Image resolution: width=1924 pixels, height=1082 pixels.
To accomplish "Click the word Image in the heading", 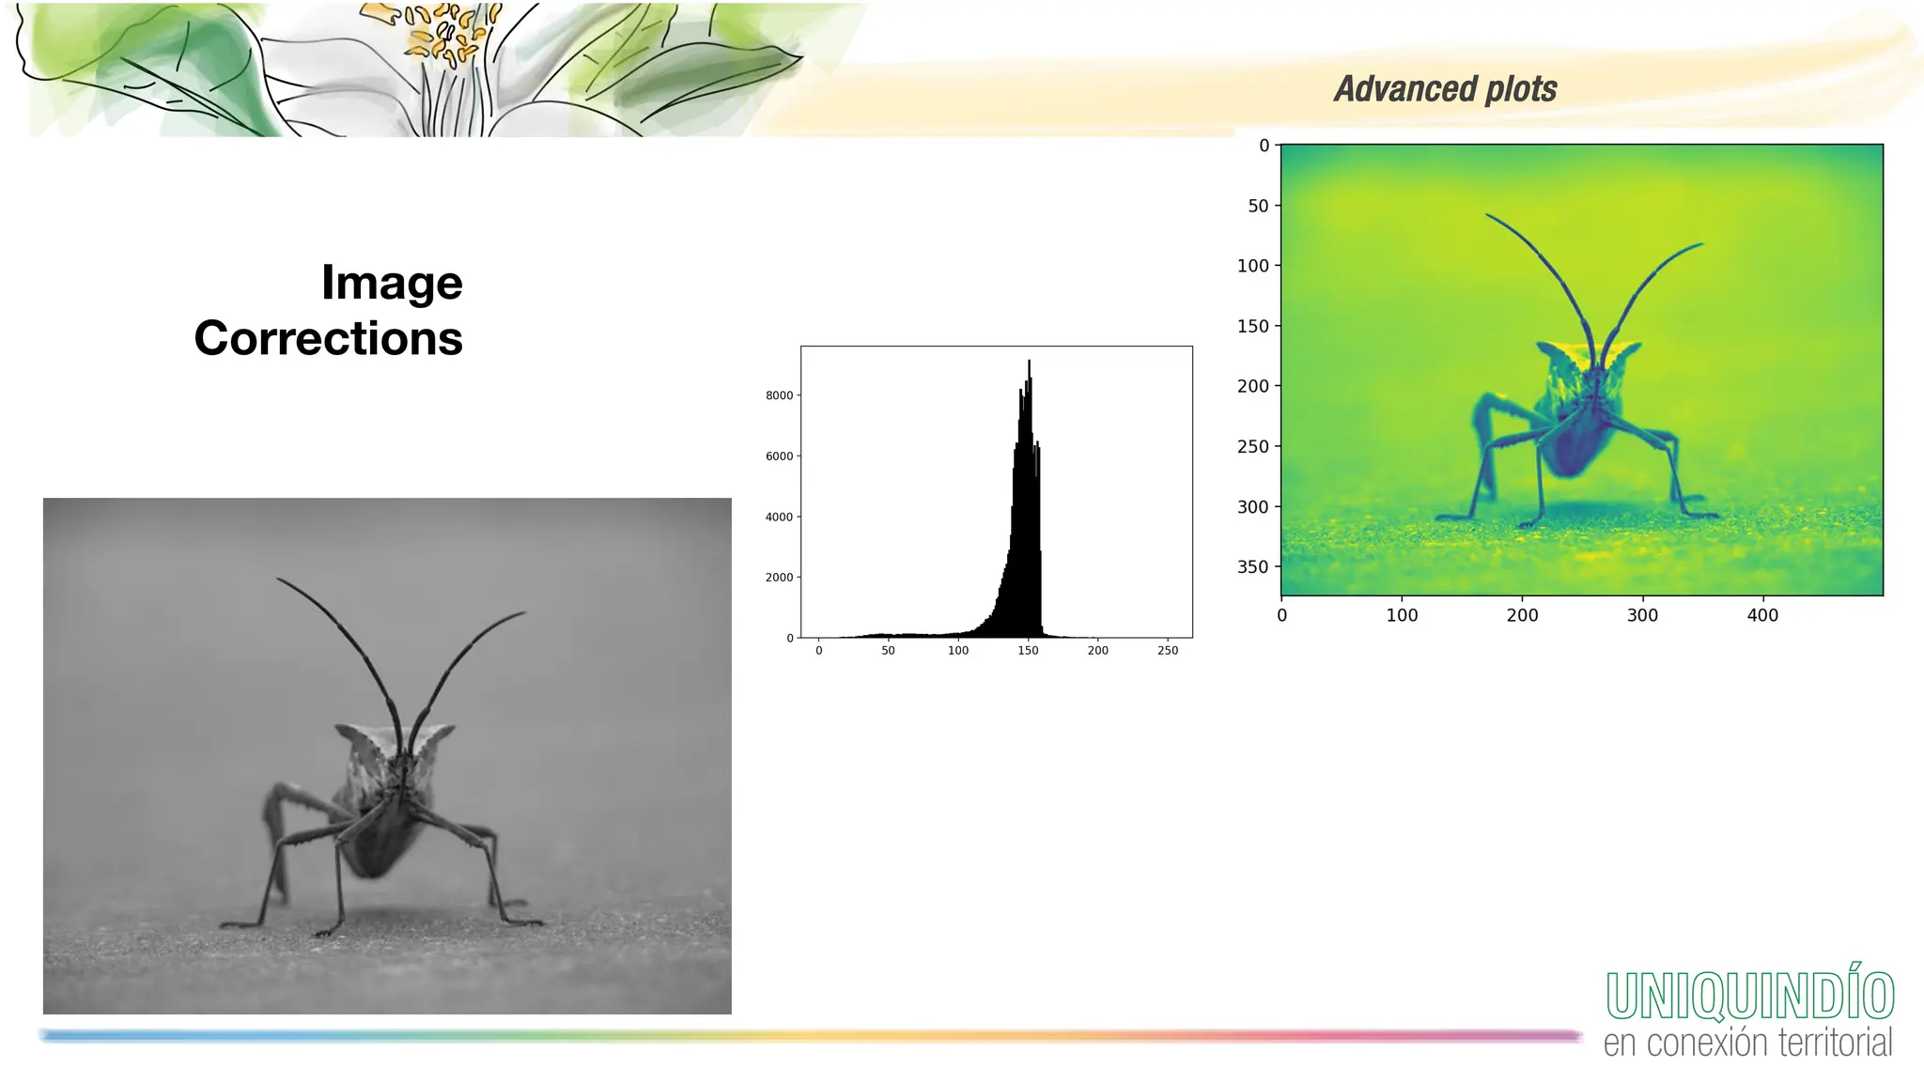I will (x=392, y=283).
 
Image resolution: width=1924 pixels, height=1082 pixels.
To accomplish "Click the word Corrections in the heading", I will (x=328, y=338).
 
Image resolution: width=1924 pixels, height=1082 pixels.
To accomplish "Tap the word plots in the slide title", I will (x=1521, y=89).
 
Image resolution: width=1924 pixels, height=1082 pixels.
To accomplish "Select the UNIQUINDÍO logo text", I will (x=1749, y=996).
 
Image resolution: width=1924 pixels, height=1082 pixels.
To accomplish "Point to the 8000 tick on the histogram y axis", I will (x=780, y=395).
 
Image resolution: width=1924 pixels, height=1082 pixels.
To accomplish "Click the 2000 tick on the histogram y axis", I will (x=780, y=578).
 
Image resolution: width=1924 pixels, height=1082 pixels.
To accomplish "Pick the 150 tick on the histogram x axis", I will (x=1028, y=650).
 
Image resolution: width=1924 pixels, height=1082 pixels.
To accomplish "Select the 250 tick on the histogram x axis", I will (x=1168, y=650).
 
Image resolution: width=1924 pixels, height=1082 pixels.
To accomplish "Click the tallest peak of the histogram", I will (x=1029, y=363).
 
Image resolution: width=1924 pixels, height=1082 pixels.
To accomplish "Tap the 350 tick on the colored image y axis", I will (x=1252, y=566).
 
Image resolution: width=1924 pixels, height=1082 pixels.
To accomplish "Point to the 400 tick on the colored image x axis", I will (x=1762, y=615).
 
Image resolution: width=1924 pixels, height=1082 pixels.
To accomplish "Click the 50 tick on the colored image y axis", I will (x=1258, y=206).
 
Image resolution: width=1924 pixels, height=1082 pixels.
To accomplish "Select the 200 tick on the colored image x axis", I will (x=1522, y=615).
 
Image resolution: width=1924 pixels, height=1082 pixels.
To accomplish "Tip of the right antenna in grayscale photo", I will (x=523, y=612).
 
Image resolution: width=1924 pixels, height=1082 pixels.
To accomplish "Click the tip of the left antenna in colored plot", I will (x=1487, y=215).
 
